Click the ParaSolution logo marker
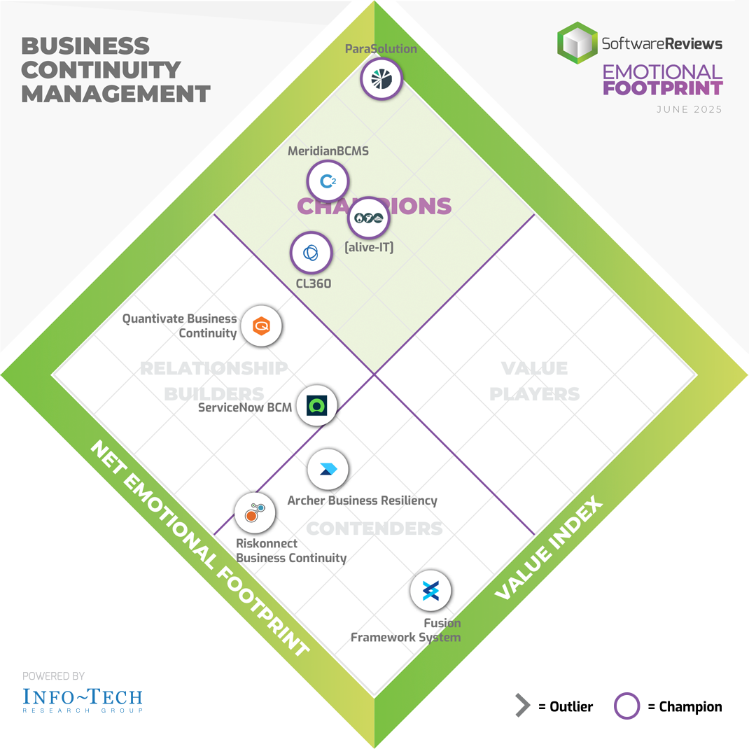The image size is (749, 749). pyautogui.click(x=381, y=78)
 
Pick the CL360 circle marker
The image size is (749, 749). pyautogui.click(x=311, y=253)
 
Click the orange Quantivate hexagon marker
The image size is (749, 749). pyautogui.click(x=262, y=325)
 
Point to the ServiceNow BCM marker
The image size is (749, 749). pyautogui.click(x=317, y=405)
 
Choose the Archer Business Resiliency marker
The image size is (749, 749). pyautogui.click(x=328, y=470)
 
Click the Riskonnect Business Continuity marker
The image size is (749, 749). pyautogui.click(x=254, y=514)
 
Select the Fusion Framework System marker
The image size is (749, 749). pyautogui.click(x=430, y=592)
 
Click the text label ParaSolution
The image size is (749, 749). pyautogui.click(x=381, y=49)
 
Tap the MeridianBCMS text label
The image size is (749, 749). pyautogui.click(x=328, y=150)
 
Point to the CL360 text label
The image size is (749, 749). pyautogui.click(x=312, y=283)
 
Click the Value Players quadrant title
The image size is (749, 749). pyautogui.click(x=534, y=381)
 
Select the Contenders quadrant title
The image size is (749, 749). pyautogui.click(x=374, y=528)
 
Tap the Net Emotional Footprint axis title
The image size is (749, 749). pyautogui.click(x=199, y=549)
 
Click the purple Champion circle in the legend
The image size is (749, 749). pyautogui.click(x=626, y=706)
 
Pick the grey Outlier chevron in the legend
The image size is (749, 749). pyautogui.click(x=522, y=706)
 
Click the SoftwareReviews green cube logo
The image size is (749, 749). pyautogui.click(x=577, y=43)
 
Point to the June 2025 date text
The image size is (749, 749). pyautogui.click(x=689, y=110)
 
